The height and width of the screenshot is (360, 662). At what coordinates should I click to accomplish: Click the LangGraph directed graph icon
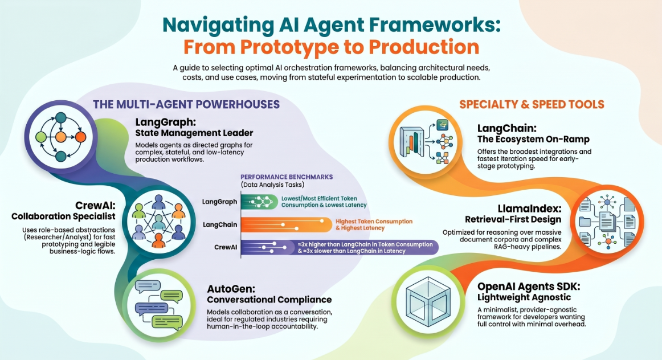click(61, 137)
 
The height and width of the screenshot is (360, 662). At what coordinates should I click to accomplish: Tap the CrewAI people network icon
click(158, 222)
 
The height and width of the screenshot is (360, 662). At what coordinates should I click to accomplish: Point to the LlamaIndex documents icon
click(607, 221)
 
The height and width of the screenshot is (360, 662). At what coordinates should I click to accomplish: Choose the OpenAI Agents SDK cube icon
click(428, 302)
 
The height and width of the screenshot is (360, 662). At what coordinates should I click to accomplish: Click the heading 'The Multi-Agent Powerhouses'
click(186, 104)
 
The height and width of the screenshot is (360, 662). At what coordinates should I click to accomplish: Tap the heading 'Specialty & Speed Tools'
click(532, 104)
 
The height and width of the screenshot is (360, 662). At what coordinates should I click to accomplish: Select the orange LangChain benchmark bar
click(287, 224)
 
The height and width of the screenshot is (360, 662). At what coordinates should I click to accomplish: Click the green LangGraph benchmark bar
click(260, 202)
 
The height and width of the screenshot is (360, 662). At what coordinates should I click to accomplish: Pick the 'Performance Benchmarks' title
click(287, 177)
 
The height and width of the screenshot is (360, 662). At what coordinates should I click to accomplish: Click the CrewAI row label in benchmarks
click(226, 247)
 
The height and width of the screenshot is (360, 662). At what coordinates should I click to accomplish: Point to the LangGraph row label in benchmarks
click(219, 202)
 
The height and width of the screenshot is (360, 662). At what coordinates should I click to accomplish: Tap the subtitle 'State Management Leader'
click(194, 133)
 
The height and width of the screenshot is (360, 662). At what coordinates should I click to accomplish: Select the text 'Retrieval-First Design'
click(513, 219)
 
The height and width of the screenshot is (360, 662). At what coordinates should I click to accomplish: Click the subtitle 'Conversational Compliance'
click(269, 300)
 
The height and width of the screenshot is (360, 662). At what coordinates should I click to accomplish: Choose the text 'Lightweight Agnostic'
click(524, 297)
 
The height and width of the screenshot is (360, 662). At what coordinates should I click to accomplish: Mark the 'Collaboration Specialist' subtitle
click(63, 216)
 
